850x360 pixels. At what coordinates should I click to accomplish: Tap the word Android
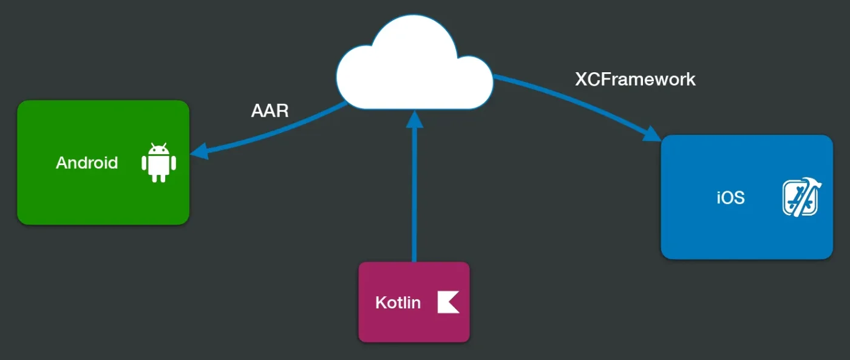(87, 163)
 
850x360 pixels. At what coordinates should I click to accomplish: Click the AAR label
(270, 111)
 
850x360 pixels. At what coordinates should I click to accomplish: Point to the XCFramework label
(635, 79)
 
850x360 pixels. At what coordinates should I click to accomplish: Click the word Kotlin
(398, 302)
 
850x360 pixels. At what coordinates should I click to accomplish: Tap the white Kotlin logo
(448, 302)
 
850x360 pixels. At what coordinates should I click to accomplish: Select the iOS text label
(730, 198)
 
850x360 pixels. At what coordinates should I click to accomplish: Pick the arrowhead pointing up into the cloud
(415, 120)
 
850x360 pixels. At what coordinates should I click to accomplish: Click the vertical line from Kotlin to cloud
(415, 194)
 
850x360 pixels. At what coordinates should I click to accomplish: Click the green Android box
(61, 194)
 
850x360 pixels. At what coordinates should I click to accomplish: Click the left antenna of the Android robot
(151, 146)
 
